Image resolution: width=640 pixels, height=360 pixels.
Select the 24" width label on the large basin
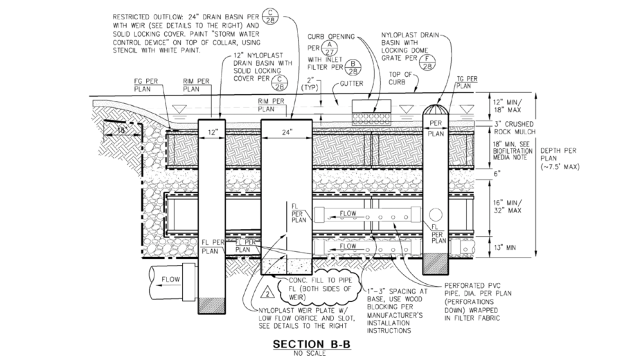pyautogui.click(x=286, y=131)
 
